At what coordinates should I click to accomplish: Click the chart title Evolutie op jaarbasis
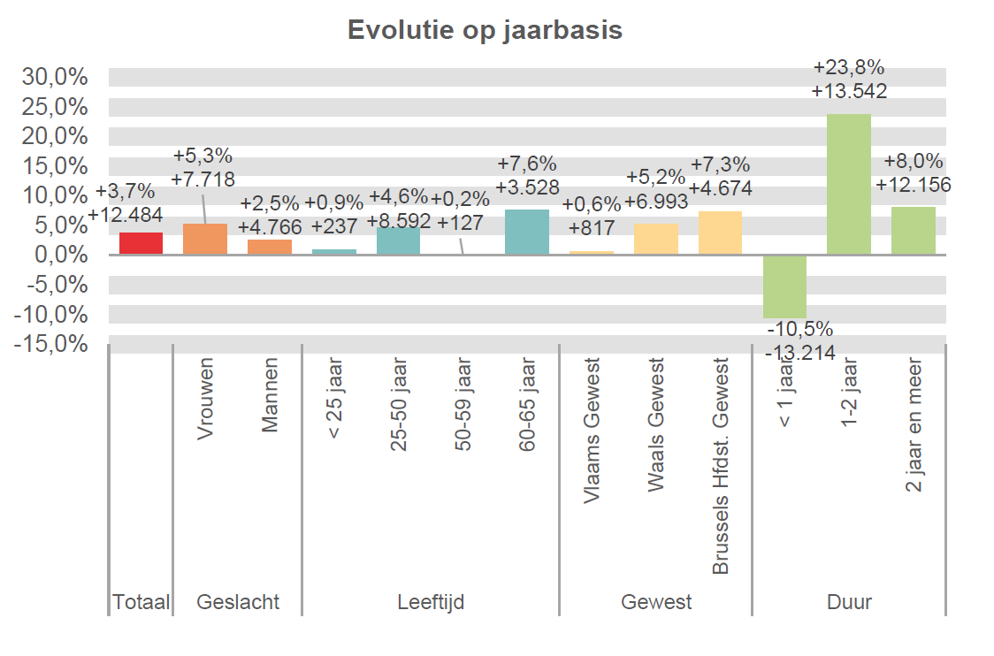[x=485, y=30]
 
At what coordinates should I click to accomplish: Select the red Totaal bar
[x=141, y=243]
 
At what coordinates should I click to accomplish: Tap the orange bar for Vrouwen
[x=205, y=239]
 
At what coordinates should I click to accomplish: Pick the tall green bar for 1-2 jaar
[x=849, y=184]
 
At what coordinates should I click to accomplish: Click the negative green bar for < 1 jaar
[x=784, y=286]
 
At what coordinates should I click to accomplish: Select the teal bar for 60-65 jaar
[x=527, y=232]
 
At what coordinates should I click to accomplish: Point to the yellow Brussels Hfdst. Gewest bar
[x=720, y=233]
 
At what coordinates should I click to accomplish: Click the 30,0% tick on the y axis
[x=55, y=77]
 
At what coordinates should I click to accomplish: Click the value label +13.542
[x=849, y=90]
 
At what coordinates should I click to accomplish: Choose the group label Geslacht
[x=238, y=603]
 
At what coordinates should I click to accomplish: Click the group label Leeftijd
[x=431, y=603]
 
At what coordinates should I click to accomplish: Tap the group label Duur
[x=849, y=603]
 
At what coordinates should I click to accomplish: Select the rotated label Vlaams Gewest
[x=592, y=431]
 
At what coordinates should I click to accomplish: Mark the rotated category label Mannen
[x=270, y=394]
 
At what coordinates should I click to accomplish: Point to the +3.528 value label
[x=527, y=187]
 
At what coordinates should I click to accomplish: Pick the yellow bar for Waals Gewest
[x=656, y=239]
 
